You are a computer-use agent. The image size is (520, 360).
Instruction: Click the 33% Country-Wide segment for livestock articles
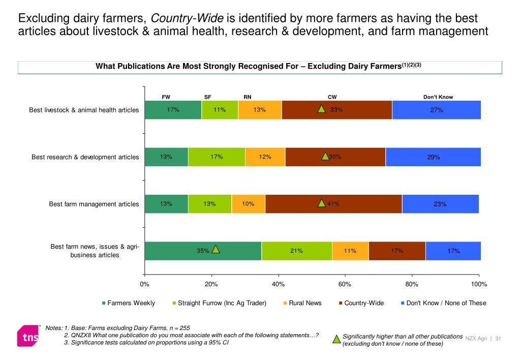(x=337, y=110)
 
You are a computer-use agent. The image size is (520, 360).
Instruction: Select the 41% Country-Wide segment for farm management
(x=333, y=204)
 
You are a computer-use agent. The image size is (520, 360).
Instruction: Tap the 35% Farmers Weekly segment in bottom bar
(x=203, y=251)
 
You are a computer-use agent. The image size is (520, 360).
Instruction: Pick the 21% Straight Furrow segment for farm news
(x=297, y=251)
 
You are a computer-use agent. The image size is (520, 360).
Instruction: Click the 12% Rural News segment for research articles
(x=265, y=157)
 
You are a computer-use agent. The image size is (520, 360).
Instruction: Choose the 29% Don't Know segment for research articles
(x=433, y=157)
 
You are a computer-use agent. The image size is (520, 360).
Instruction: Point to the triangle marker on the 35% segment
(x=216, y=249)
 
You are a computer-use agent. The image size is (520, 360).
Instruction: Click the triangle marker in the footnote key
(x=336, y=340)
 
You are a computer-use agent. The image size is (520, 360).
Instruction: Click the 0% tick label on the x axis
(x=144, y=284)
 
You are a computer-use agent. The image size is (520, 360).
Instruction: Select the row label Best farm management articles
(x=94, y=204)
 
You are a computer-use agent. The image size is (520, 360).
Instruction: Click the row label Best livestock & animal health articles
(x=84, y=110)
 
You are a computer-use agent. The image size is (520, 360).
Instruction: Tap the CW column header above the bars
(x=332, y=97)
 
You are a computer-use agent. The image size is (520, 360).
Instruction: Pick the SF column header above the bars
(x=207, y=97)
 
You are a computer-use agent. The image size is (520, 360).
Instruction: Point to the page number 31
(x=498, y=339)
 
